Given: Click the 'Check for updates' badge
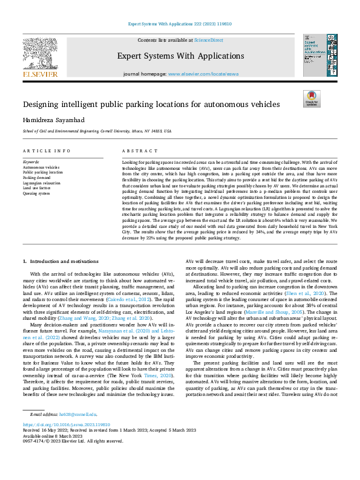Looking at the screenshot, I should coord(311,99).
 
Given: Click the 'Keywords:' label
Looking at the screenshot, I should coord(31,162).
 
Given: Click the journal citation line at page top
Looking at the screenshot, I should coord(179,25).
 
